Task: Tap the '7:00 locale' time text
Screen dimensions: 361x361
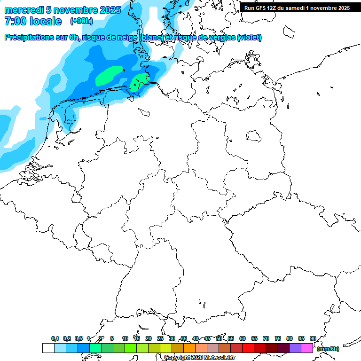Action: point(33,21)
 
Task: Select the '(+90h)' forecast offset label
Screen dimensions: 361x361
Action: point(81,21)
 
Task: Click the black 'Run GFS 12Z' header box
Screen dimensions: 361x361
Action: point(297,8)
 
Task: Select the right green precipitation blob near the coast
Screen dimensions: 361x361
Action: point(139,81)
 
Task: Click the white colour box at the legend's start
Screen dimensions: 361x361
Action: point(48,348)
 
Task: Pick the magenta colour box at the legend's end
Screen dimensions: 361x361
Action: point(307,348)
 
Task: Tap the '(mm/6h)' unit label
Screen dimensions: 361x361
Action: point(328,349)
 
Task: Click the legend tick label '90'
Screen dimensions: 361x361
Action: point(313,338)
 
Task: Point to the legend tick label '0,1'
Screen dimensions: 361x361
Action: point(55,338)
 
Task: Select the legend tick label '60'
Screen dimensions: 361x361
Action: point(243,338)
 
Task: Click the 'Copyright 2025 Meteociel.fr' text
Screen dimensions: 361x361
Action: point(199,358)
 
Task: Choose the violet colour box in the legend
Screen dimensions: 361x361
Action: point(295,348)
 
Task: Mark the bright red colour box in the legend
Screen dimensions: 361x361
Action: point(248,348)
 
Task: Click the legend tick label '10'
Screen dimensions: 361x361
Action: point(125,338)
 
